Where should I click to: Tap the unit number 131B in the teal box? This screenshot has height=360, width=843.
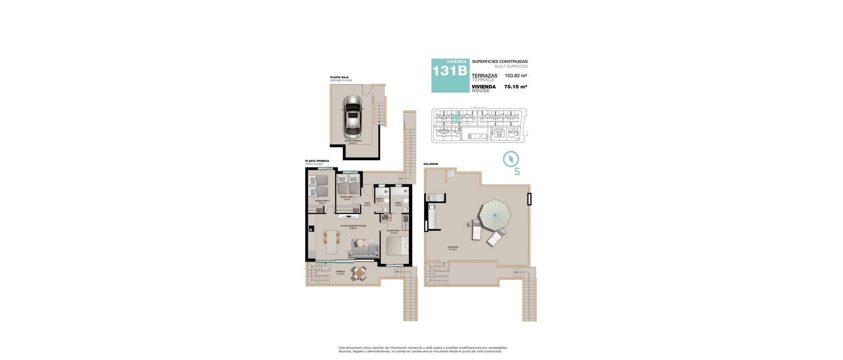(450, 71)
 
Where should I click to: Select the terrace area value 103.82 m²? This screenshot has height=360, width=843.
(515, 76)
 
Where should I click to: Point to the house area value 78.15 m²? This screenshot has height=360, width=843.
(515, 87)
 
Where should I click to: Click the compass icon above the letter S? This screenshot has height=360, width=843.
(511, 158)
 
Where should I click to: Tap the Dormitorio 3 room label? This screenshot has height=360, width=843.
(322, 202)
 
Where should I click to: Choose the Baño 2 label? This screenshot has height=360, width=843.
(380, 200)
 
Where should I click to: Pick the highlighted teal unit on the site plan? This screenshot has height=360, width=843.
(456, 117)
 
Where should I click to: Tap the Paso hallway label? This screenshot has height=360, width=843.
(367, 204)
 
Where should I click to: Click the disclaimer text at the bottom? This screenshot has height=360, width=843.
(422, 349)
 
